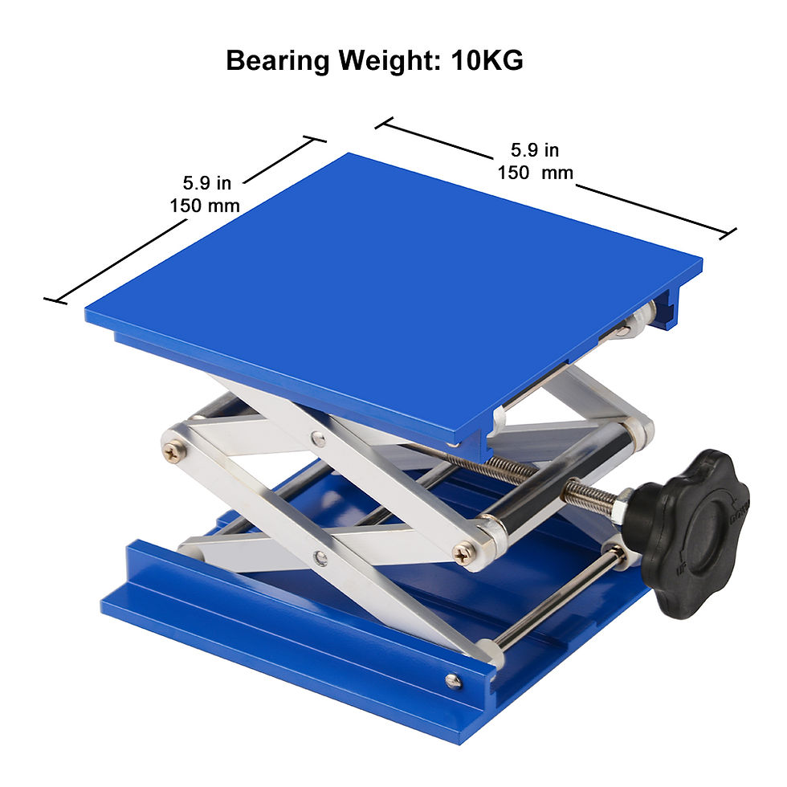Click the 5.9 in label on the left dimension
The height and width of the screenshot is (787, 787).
pyautogui.click(x=206, y=184)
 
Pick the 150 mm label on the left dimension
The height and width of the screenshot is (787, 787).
pyautogui.click(x=205, y=206)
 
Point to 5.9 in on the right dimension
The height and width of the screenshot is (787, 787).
pyautogui.click(x=535, y=150)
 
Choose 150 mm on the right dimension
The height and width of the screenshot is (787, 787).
pyautogui.click(x=535, y=172)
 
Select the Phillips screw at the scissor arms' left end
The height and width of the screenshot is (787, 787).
pyautogui.click(x=173, y=452)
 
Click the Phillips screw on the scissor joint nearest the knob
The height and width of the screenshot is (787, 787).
pyautogui.click(x=463, y=552)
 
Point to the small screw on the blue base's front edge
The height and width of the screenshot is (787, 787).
pyautogui.click(x=453, y=681)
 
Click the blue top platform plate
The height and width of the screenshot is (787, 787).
pyautogui.click(x=385, y=289)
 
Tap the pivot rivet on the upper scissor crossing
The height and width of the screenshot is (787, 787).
pyautogui.click(x=320, y=438)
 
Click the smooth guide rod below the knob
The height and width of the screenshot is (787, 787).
pyautogui.click(x=554, y=601)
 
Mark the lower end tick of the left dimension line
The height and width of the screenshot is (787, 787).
pyautogui.click(x=55, y=301)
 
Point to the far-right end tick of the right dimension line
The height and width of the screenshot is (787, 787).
pyautogui.click(x=728, y=234)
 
